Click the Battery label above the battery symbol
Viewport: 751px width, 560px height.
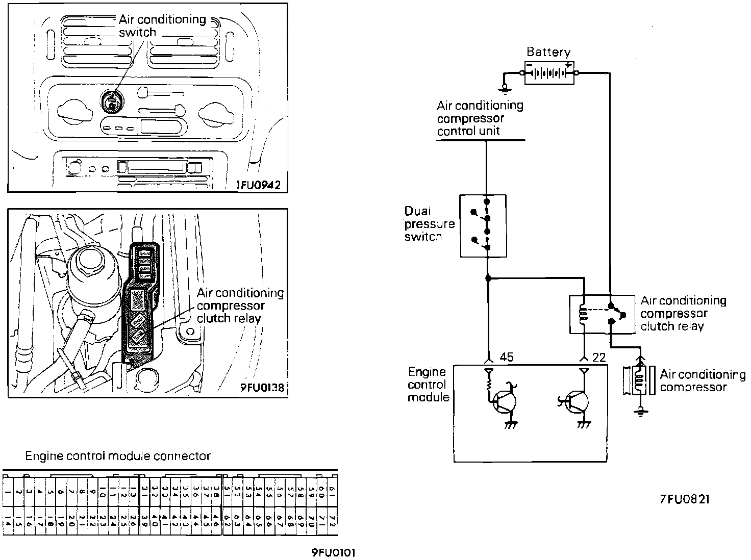(548, 52)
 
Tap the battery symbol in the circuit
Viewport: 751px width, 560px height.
(549, 73)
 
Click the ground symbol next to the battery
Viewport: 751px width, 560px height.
(505, 90)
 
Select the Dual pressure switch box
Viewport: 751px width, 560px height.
(483, 225)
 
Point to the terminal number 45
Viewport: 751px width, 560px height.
(507, 358)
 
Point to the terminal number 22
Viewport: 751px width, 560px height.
(599, 358)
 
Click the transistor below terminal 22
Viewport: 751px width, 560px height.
(576, 401)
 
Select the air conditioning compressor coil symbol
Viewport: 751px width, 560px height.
(638, 380)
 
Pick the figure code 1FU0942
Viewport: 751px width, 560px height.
(258, 185)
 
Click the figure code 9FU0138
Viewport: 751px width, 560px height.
(262, 388)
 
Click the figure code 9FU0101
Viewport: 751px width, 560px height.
(334, 553)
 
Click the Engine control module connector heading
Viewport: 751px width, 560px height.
(118, 455)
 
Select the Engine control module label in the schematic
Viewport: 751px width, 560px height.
(428, 385)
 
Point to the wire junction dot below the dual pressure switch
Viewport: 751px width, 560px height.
(488, 278)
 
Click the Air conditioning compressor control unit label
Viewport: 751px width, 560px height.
(480, 118)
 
